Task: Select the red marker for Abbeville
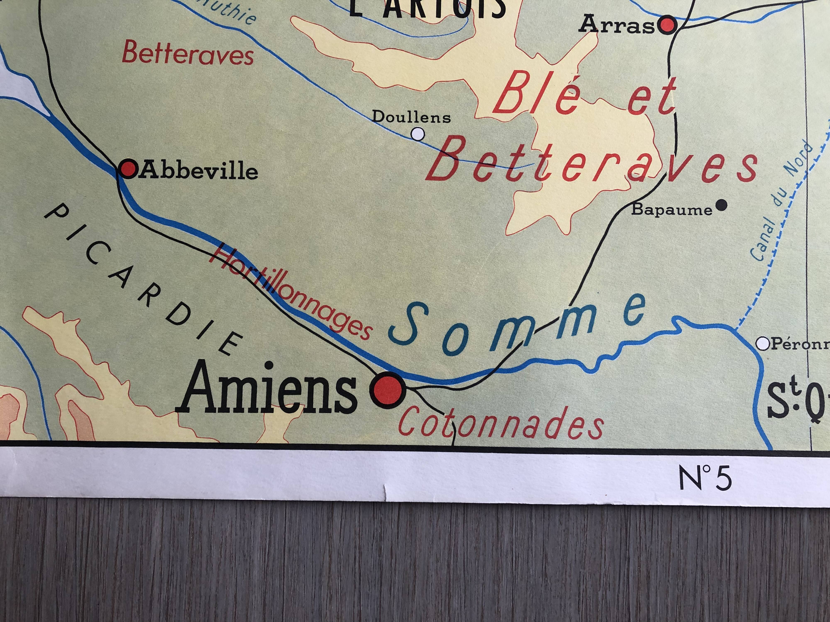click(128, 169)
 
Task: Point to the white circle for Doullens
click(418, 134)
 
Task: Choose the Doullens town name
click(411, 117)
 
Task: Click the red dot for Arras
click(669, 26)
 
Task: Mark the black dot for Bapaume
click(721, 205)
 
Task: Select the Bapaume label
click(672, 210)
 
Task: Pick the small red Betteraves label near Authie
click(188, 54)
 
